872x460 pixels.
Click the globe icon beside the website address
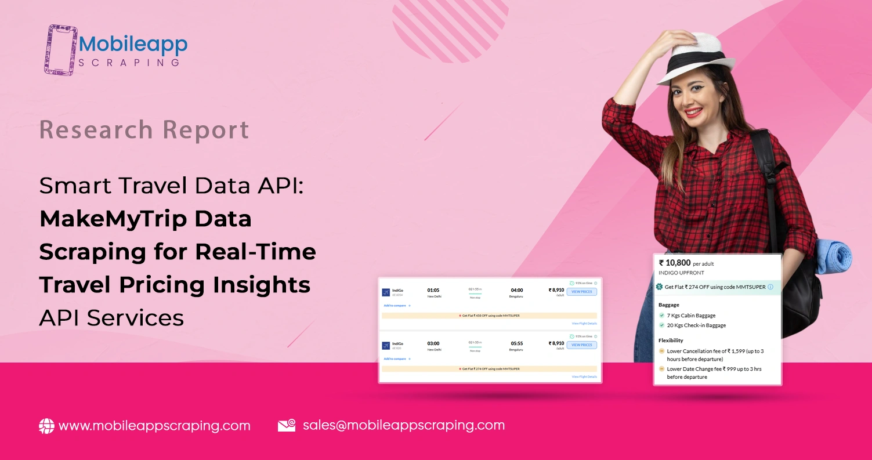tap(46, 426)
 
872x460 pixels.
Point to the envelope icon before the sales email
tap(287, 425)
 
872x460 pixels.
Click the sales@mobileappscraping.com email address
tap(403, 425)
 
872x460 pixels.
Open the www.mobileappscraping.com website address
tap(154, 426)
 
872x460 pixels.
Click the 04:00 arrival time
tap(516, 290)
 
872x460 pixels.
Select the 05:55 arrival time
tap(516, 343)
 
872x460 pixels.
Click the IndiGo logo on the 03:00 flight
tap(386, 346)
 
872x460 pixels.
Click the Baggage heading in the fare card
tap(669, 305)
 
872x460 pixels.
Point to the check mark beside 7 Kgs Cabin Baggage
tap(662, 315)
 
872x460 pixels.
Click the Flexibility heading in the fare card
tap(671, 341)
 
